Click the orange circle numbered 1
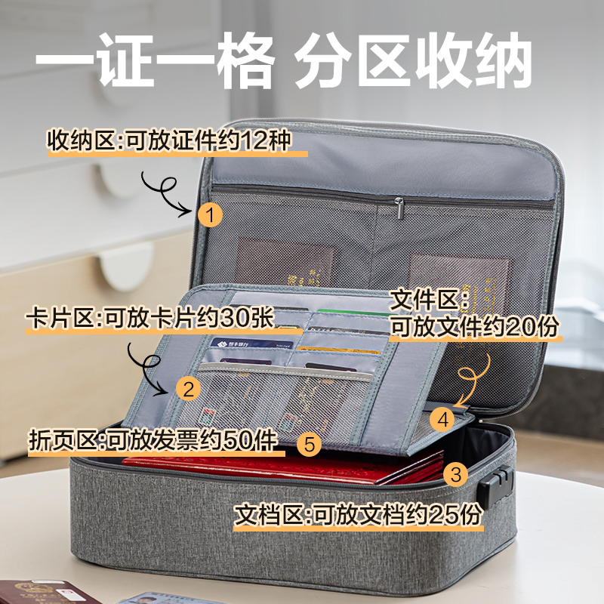coord(211,216)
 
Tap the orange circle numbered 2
coord(188,389)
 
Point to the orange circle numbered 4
coord(444,417)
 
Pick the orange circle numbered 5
coord(309,443)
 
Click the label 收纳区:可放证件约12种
coord(169,141)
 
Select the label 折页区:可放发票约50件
coord(152,438)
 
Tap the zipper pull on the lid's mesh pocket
coord(398,205)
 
